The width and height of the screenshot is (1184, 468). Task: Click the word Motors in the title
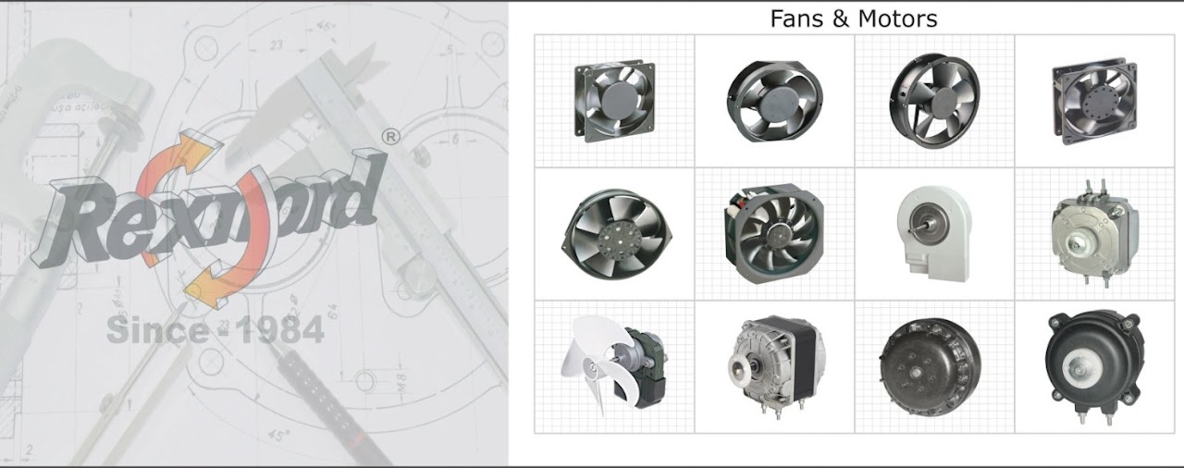(x=897, y=18)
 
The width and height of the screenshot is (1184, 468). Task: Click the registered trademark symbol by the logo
(x=390, y=137)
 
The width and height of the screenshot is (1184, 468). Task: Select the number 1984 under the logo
(x=279, y=330)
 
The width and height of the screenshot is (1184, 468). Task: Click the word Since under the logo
(x=157, y=330)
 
